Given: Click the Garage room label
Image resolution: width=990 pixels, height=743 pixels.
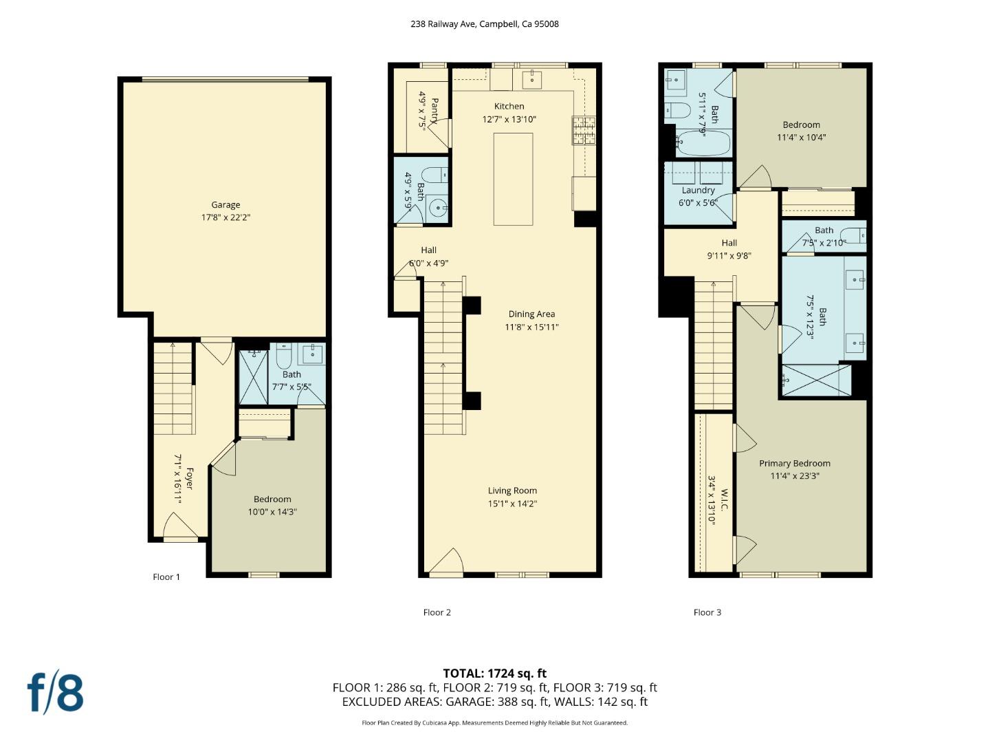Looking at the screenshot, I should [x=225, y=204].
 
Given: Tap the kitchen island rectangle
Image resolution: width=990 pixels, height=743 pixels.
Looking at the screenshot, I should [x=513, y=179].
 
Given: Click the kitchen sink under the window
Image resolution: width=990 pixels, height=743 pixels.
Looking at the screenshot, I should [x=531, y=79].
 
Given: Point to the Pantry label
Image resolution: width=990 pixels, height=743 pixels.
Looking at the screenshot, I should [x=434, y=110].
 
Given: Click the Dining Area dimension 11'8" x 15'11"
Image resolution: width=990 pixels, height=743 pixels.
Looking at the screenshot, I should [x=531, y=327].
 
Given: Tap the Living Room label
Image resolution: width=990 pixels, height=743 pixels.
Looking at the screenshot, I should [x=512, y=491].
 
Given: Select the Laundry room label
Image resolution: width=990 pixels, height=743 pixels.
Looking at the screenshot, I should [x=698, y=190].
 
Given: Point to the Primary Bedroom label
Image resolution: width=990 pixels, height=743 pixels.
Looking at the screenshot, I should [x=794, y=463].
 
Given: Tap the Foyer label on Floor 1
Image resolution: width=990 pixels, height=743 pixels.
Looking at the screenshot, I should [x=190, y=479].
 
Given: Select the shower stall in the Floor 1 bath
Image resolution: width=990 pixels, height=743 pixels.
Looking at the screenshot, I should [x=253, y=377].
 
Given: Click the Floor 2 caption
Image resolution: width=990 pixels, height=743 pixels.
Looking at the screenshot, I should [x=437, y=612].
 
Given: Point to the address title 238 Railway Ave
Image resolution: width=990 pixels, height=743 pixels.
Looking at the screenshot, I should [x=484, y=23].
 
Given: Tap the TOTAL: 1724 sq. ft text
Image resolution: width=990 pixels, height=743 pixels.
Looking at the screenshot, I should [x=494, y=673].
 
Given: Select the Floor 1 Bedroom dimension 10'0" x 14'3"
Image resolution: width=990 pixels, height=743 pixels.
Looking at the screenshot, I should [x=272, y=512].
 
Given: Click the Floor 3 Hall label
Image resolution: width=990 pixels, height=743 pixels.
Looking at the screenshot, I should [x=729, y=243].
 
